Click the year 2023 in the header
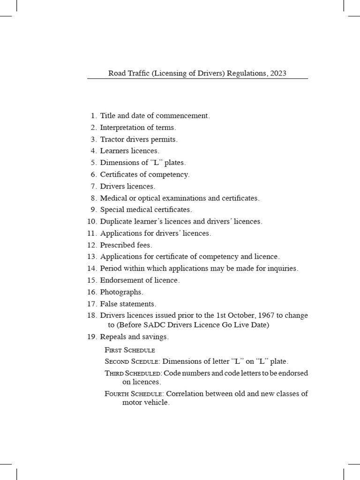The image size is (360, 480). pos(277,73)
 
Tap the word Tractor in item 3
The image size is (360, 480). pos(112,139)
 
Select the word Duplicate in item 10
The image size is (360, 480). pos(116,221)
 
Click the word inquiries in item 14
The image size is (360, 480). pos(282,269)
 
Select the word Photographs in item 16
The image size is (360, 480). pos(121,292)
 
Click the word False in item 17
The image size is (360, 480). pos(109,304)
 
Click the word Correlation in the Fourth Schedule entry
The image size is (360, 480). pos(187,394)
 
